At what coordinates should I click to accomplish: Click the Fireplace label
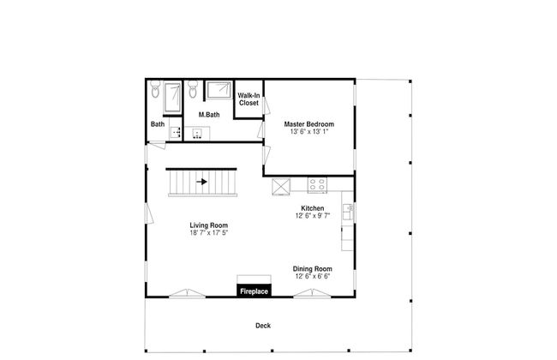254,291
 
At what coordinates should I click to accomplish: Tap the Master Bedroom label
309,124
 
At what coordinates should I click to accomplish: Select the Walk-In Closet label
249,99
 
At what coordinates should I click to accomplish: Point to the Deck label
263,326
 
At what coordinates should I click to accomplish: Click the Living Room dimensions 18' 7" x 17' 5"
208,233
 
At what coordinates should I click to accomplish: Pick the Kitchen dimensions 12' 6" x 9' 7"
313,216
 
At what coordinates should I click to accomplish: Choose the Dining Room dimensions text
313,276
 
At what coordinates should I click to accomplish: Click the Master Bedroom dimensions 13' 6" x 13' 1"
309,131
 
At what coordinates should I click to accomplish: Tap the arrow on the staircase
201,182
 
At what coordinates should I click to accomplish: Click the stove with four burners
317,185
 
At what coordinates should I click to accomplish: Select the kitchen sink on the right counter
348,212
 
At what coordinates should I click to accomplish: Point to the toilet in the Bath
155,89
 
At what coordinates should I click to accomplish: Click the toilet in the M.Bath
193,89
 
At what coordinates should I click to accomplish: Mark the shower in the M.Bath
219,90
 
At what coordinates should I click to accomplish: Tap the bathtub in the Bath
172,97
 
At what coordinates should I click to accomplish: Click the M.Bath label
209,115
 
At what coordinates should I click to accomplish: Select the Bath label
158,124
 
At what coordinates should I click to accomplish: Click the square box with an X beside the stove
281,187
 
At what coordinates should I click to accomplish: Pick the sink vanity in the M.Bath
197,133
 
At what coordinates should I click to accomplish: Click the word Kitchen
313,208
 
